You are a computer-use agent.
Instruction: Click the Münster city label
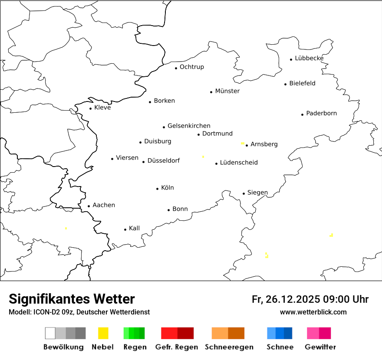point(227,91)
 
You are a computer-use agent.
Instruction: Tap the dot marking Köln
point(158,189)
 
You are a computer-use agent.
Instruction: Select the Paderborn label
point(321,114)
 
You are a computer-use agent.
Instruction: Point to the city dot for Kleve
point(91,108)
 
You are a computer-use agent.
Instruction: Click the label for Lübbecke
point(309,59)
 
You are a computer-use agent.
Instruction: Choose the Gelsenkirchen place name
point(189,126)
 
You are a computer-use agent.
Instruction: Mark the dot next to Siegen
point(244,193)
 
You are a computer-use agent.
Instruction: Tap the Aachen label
point(104,205)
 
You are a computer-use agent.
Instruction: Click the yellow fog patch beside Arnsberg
point(243,143)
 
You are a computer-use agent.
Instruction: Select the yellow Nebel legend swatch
point(103,333)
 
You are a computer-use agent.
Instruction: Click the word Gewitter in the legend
point(320,347)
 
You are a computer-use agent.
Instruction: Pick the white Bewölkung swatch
point(50,333)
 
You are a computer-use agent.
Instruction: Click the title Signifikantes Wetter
point(72,299)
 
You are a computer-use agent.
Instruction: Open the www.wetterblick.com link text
point(313,312)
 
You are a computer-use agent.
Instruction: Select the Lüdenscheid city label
point(239,163)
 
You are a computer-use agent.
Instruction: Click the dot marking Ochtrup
point(176,68)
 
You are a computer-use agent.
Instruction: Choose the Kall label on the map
point(134,228)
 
